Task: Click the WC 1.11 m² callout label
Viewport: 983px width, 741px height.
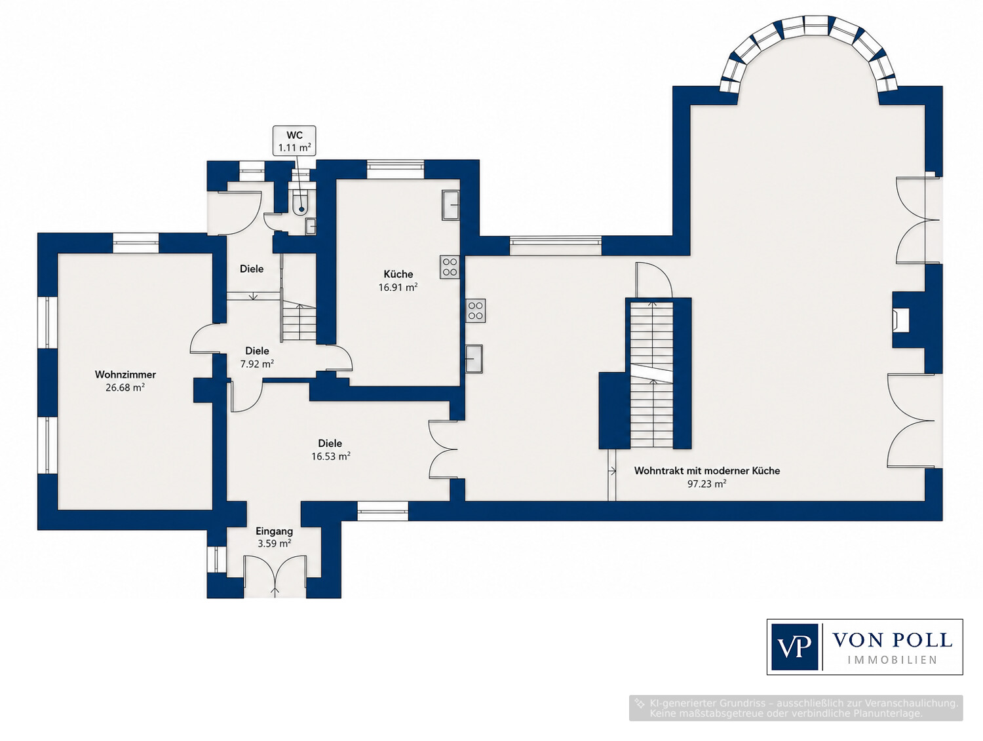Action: [294, 141]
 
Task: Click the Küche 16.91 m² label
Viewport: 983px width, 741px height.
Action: [398, 280]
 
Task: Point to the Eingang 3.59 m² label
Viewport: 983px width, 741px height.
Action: [274, 537]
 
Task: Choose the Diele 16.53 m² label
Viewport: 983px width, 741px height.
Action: [330, 449]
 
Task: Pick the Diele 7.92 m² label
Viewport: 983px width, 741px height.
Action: [257, 357]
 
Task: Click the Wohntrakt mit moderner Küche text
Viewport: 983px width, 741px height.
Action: [707, 470]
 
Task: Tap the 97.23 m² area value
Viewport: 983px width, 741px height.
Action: [706, 484]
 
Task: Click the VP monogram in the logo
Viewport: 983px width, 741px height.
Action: [794, 647]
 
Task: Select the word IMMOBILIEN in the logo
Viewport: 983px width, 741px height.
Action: [892, 660]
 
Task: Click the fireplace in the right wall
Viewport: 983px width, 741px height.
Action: [900, 320]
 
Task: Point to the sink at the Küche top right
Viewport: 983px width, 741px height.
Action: [450, 204]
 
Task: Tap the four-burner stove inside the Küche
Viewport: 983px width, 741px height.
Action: [450, 267]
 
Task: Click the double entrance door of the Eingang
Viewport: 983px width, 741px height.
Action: [275, 577]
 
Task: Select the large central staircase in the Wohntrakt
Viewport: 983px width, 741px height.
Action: [651, 374]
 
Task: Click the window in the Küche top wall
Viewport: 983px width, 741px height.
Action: [395, 169]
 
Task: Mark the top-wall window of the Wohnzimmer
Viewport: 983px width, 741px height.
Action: [135, 242]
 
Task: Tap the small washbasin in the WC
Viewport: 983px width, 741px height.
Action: [311, 225]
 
